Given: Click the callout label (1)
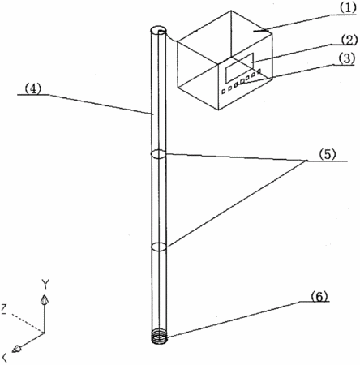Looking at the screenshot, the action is [x=348, y=8].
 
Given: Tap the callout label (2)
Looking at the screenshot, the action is [x=349, y=41].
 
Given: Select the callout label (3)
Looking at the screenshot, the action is [x=346, y=58].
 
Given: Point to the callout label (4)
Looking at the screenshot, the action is [x=33, y=88].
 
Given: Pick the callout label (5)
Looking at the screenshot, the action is [x=327, y=155].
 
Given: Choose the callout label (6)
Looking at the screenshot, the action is [x=319, y=297].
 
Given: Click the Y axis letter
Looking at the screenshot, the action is [x=45, y=284].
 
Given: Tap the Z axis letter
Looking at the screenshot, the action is [x=4, y=309].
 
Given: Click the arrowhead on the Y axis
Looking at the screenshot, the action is [x=45, y=300].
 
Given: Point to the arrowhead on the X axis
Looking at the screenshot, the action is [x=18, y=349].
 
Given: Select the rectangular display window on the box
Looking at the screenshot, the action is [x=240, y=67].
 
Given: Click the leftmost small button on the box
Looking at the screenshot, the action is [x=224, y=92].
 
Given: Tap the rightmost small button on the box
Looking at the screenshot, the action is [x=259, y=71].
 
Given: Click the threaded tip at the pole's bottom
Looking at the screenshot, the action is [x=159, y=338].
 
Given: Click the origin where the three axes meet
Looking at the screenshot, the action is [x=45, y=333].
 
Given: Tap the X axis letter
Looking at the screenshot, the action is [x=4, y=358].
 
